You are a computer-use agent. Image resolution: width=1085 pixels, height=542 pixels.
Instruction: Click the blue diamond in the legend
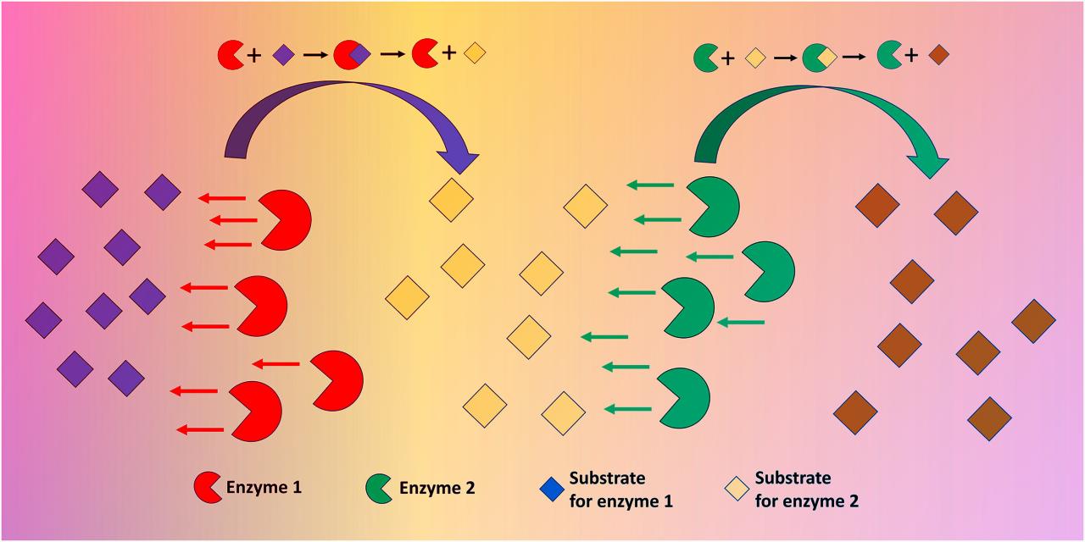(552, 489)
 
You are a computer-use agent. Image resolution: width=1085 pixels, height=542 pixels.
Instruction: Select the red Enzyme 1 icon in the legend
(208, 487)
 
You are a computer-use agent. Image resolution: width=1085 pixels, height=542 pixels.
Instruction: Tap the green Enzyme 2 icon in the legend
(379, 489)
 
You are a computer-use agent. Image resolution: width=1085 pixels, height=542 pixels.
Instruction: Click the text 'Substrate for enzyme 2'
(806, 489)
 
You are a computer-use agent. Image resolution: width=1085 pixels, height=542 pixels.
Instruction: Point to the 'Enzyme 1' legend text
(264, 487)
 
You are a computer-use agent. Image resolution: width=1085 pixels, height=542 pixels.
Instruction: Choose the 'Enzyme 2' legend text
(437, 488)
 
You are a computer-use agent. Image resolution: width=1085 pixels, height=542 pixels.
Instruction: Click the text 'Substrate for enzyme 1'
(621, 489)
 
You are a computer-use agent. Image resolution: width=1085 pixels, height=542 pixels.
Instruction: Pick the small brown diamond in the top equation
(938, 55)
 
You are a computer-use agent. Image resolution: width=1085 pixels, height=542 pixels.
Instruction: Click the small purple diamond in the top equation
(284, 55)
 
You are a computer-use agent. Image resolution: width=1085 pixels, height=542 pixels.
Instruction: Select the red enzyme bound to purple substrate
(352, 55)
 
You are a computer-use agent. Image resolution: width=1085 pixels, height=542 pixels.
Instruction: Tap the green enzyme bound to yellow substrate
(820, 58)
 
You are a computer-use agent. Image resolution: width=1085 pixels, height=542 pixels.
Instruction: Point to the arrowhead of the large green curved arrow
(928, 164)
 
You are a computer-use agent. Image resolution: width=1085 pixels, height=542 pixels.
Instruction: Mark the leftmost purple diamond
(43, 320)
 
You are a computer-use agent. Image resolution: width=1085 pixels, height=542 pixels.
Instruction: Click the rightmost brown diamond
(1033, 321)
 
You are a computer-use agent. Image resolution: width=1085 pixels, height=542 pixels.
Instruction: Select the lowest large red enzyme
(255, 412)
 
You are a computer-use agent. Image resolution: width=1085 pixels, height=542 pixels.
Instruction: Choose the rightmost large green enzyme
(768, 272)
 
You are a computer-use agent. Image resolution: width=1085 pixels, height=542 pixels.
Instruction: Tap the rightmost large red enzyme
(337, 380)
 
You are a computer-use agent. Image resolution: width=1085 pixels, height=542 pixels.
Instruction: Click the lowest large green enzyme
(683, 398)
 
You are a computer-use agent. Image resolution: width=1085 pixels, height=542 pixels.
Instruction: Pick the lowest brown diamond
(989, 418)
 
